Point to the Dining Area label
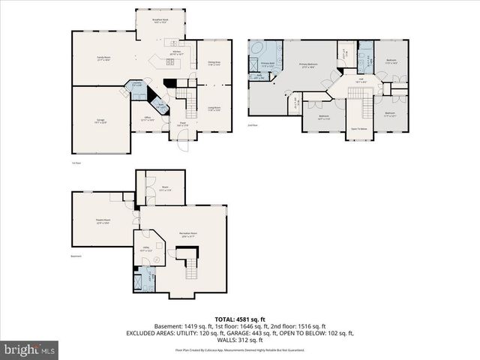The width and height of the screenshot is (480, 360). pyautogui.click(x=214, y=64)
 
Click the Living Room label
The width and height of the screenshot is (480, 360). pyautogui.click(x=214, y=109)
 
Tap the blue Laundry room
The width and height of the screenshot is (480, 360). pyautogui.click(x=136, y=85)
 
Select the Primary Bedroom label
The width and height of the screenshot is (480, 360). pyautogui.click(x=309, y=65)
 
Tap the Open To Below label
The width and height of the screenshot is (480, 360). pyautogui.click(x=359, y=129)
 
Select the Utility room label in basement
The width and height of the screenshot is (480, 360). pyautogui.click(x=145, y=248)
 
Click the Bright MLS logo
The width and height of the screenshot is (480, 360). pyautogui.click(x=30, y=349)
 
